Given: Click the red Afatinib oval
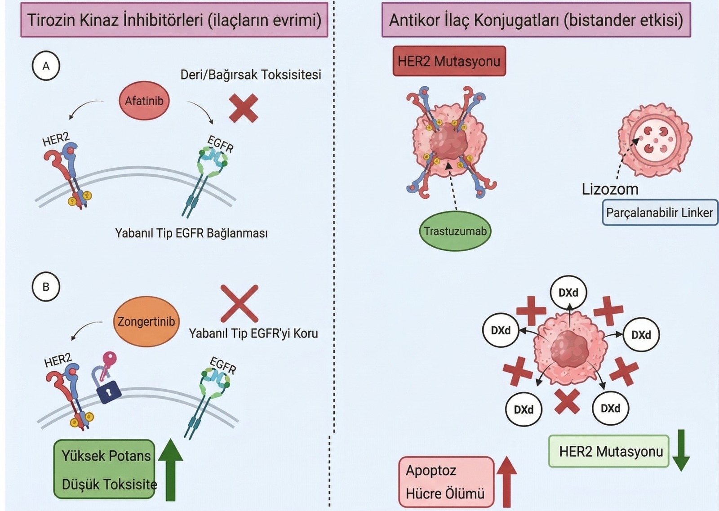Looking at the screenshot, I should click(144, 101).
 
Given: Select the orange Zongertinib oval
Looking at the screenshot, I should click(146, 321).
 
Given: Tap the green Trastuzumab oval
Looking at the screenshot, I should click(455, 231).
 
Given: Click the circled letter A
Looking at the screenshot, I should click(46, 66).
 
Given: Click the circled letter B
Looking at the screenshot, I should click(46, 287).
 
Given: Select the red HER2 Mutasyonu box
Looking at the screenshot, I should click(449, 61).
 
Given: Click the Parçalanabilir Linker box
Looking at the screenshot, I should click(659, 213).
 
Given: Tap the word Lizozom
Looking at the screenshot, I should click(610, 189).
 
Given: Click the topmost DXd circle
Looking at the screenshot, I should click(568, 293).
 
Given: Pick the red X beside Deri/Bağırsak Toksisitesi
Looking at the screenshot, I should click(244, 108).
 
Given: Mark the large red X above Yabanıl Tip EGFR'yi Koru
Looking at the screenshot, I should click(240, 303).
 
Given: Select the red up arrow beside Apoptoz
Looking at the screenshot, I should click(506, 481).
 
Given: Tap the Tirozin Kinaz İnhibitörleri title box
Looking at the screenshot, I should click(174, 20).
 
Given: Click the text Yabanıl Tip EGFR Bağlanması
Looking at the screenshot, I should click(191, 233).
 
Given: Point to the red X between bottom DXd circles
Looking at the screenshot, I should click(567, 401).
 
